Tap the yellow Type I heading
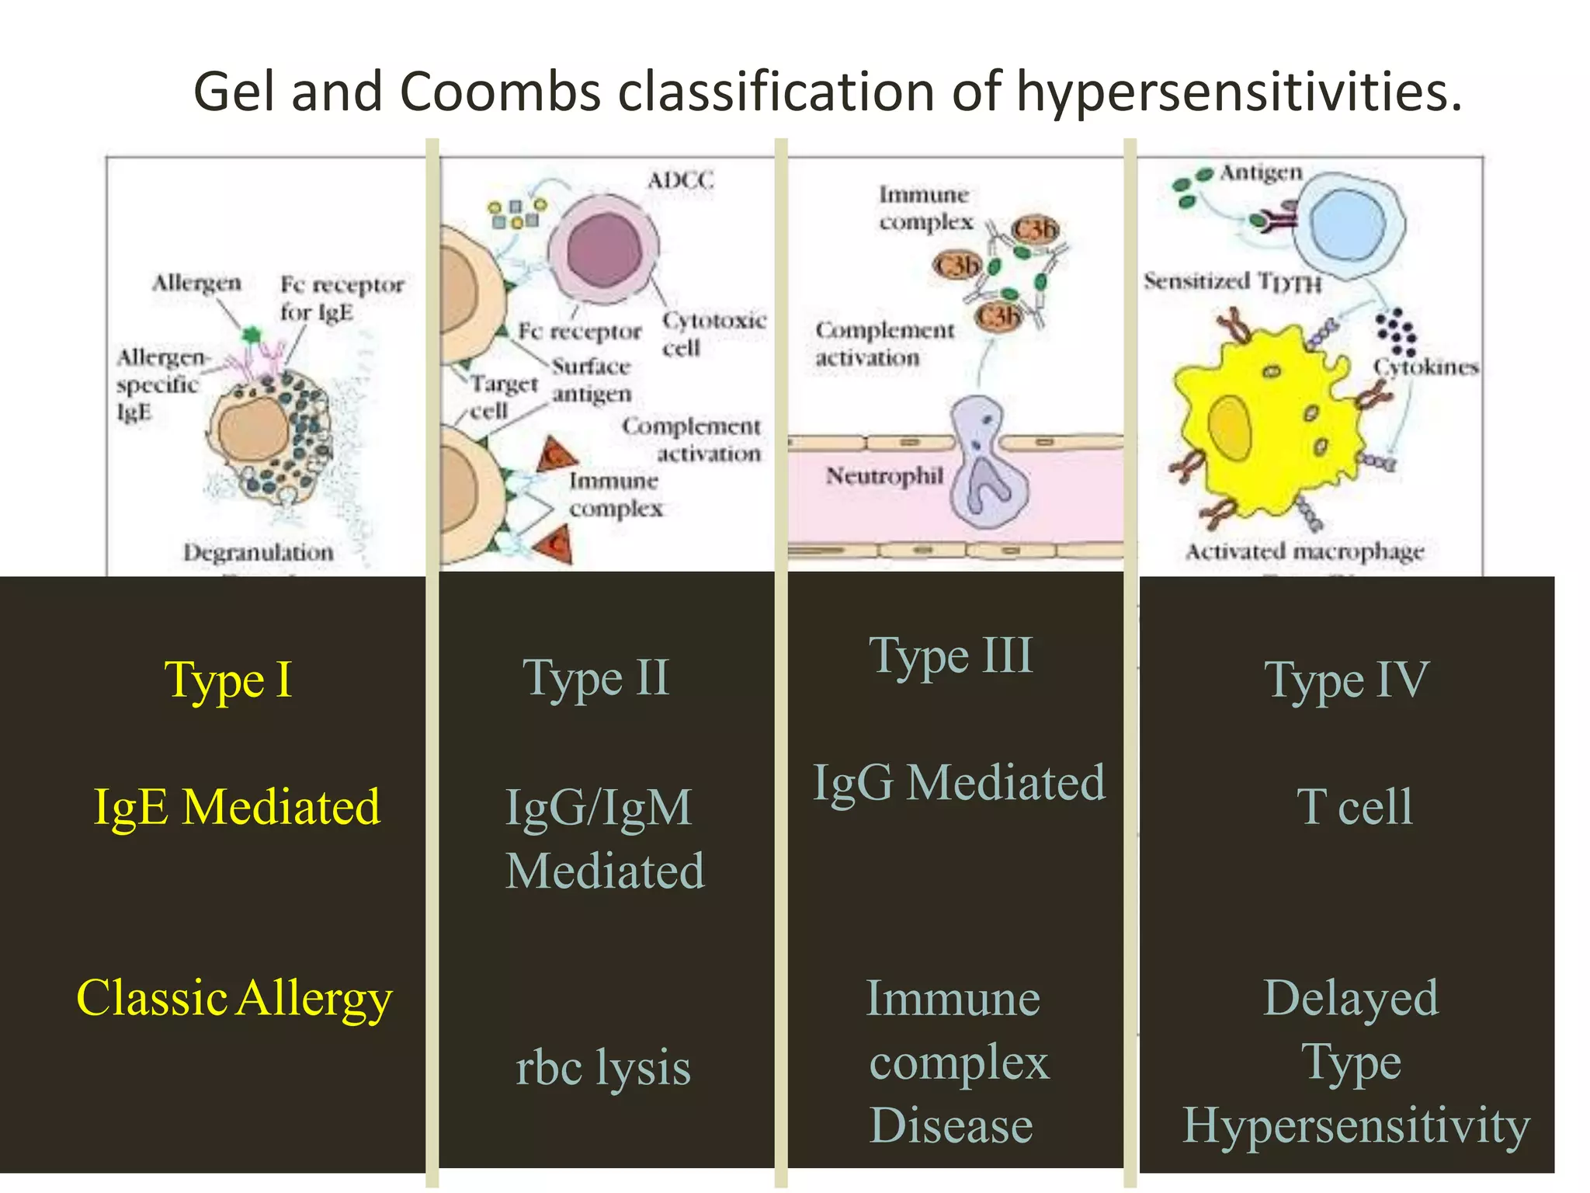[x=228, y=680]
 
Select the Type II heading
[x=595, y=679]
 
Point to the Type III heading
[x=951, y=656]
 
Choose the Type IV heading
[x=1346, y=680]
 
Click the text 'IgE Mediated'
[x=237, y=807]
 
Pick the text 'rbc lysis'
[x=603, y=1067]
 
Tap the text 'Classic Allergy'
[x=234, y=998]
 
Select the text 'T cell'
[x=1354, y=807]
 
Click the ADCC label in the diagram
[x=680, y=180]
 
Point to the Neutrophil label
[x=884, y=475]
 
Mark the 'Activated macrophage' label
[x=1304, y=551]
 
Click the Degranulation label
[x=259, y=552]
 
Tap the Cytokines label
[x=1425, y=367]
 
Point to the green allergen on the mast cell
[x=250, y=336]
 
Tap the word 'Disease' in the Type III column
[x=951, y=1125]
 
